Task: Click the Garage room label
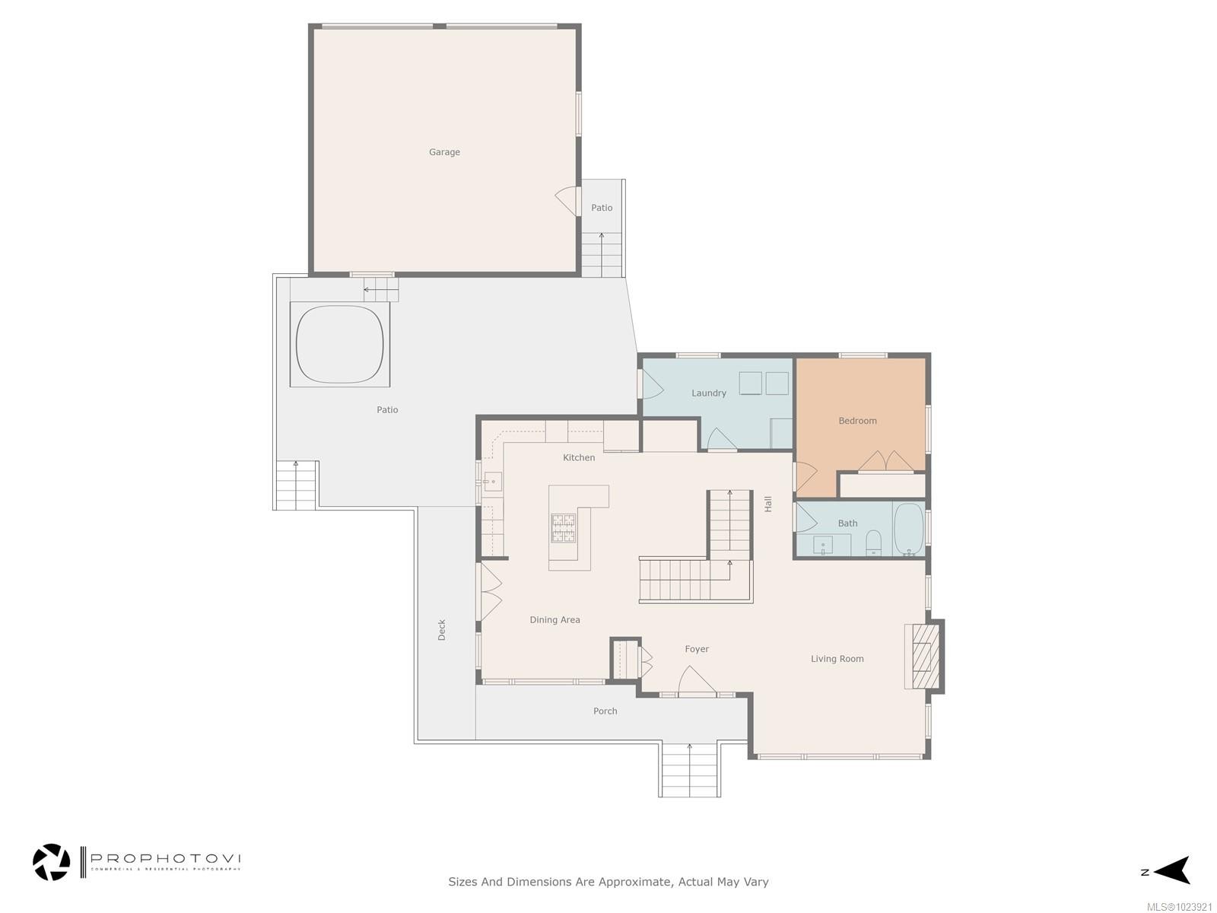444,152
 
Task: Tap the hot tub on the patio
339,345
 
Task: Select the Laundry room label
708,393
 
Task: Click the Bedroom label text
857,421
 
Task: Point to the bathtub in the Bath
908,529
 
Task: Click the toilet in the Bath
873,542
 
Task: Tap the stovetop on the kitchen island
564,527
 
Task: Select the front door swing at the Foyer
696,681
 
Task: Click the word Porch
605,711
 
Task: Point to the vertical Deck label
442,630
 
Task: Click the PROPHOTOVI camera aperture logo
52,862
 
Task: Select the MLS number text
1179,907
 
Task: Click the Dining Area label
554,620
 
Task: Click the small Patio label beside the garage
602,208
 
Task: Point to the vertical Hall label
768,504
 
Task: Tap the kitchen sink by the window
492,482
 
